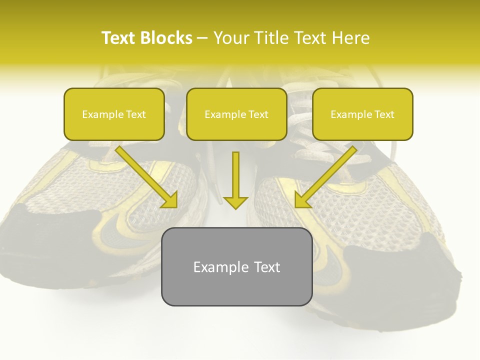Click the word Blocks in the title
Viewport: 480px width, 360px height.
tap(166, 38)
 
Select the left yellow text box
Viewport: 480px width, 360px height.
tap(114, 114)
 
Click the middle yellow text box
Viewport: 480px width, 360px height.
tap(236, 114)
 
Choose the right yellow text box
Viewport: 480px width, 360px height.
tap(362, 114)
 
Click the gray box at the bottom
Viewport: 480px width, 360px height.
tap(236, 266)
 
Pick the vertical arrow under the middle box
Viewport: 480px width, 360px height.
tap(235, 177)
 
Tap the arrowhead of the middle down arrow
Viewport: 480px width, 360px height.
tap(235, 202)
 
